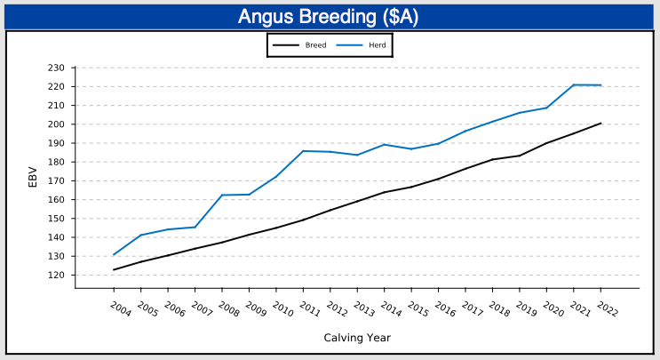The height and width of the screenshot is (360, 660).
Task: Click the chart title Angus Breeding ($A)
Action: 330,17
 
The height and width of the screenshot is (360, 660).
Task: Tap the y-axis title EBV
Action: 33,177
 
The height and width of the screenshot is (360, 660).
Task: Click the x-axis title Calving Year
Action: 356,338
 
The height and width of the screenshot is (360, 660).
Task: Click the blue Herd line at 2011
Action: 303,151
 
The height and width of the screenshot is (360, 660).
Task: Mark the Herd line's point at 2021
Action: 574,84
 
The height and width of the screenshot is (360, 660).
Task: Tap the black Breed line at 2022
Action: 600,124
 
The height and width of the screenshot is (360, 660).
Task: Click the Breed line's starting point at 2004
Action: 114,269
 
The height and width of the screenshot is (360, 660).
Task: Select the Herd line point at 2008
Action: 222,195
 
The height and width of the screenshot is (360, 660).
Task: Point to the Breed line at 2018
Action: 492,159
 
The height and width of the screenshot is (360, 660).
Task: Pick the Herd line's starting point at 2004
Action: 114,255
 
